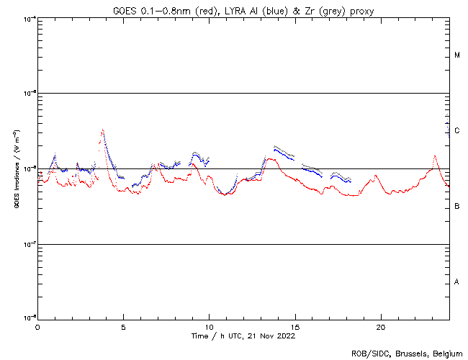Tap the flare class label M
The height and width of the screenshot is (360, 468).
coord(457,55)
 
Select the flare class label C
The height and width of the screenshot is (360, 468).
coord(457,131)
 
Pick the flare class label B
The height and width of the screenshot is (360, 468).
coord(457,207)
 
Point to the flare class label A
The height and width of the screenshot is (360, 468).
coord(457,282)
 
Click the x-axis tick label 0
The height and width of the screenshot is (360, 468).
coord(37,326)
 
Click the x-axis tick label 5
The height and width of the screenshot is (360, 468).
coord(123,326)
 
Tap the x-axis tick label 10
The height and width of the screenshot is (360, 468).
coord(209,326)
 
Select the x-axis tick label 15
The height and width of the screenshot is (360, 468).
coord(294,326)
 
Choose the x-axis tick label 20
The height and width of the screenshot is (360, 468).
coord(380,326)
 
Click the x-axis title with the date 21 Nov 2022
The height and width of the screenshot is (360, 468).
coord(243,336)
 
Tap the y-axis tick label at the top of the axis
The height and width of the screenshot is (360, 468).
coord(30,18)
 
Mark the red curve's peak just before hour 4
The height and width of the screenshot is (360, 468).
coord(102,132)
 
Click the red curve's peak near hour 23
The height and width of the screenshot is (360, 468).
coord(435,156)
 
